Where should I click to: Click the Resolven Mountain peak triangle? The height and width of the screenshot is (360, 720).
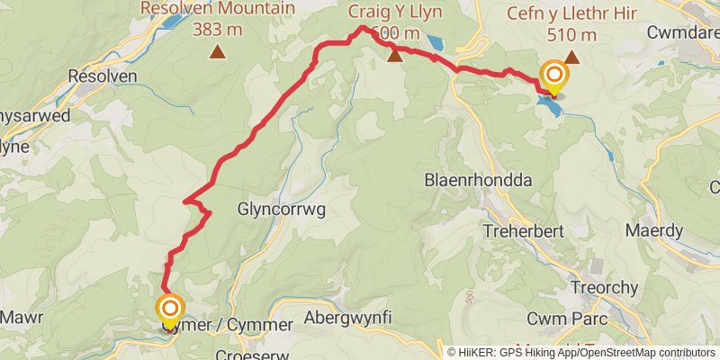pos(217,52)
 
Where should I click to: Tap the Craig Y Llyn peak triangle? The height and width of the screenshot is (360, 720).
pos(394,57)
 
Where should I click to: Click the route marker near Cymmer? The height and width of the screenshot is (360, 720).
pos(170,310)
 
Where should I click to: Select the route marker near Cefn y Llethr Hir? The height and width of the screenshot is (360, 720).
pos(552,76)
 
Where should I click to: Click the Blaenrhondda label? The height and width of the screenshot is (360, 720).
pos(478,180)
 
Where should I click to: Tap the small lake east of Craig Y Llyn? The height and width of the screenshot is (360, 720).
pos(434,41)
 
